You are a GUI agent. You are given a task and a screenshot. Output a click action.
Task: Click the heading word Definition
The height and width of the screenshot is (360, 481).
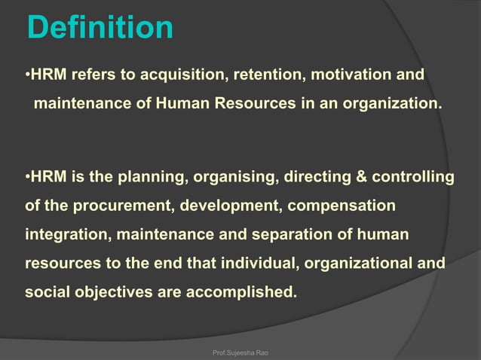click(x=100, y=28)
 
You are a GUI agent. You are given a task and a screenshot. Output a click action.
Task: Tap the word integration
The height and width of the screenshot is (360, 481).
click(x=66, y=235)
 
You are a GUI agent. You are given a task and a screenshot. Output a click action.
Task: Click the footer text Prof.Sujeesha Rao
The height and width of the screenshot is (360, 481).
click(x=240, y=351)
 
